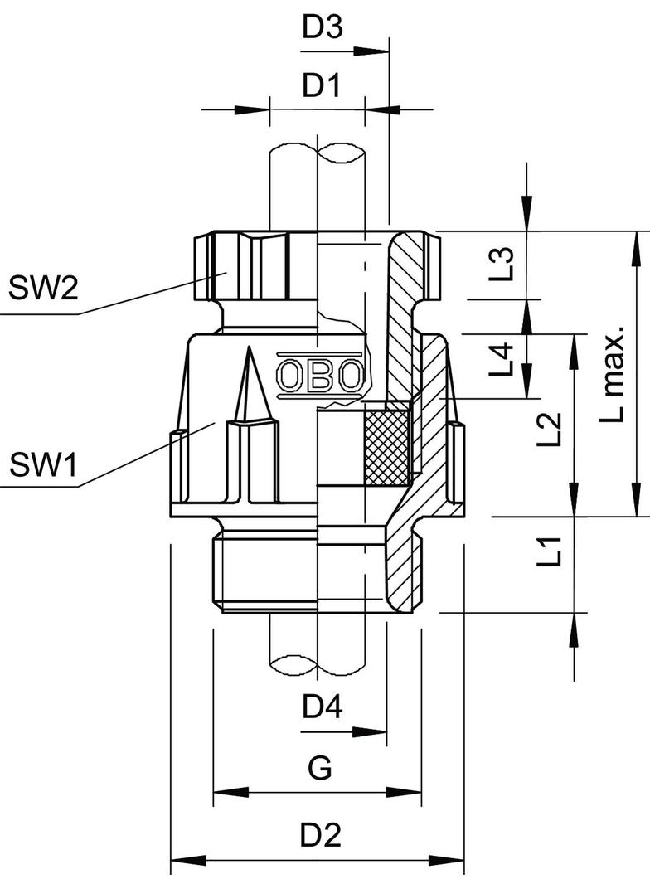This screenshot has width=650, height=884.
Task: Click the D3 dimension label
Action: [x=323, y=28]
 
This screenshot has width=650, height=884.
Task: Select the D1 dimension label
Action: [x=322, y=86]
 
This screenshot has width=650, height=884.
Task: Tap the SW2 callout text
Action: [x=43, y=289]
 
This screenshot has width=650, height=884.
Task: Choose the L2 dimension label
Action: [x=548, y=432]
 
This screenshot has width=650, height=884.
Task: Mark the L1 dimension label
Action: [x=548, y=552]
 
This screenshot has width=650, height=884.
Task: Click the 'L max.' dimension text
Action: [x=613, y=376]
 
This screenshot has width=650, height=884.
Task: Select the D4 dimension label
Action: [x=323, y=707]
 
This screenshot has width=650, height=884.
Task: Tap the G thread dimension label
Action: [x=320, y=769]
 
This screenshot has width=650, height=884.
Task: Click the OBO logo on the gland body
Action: [x=319, y=376]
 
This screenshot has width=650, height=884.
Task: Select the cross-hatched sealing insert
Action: [x=387, y=444]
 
